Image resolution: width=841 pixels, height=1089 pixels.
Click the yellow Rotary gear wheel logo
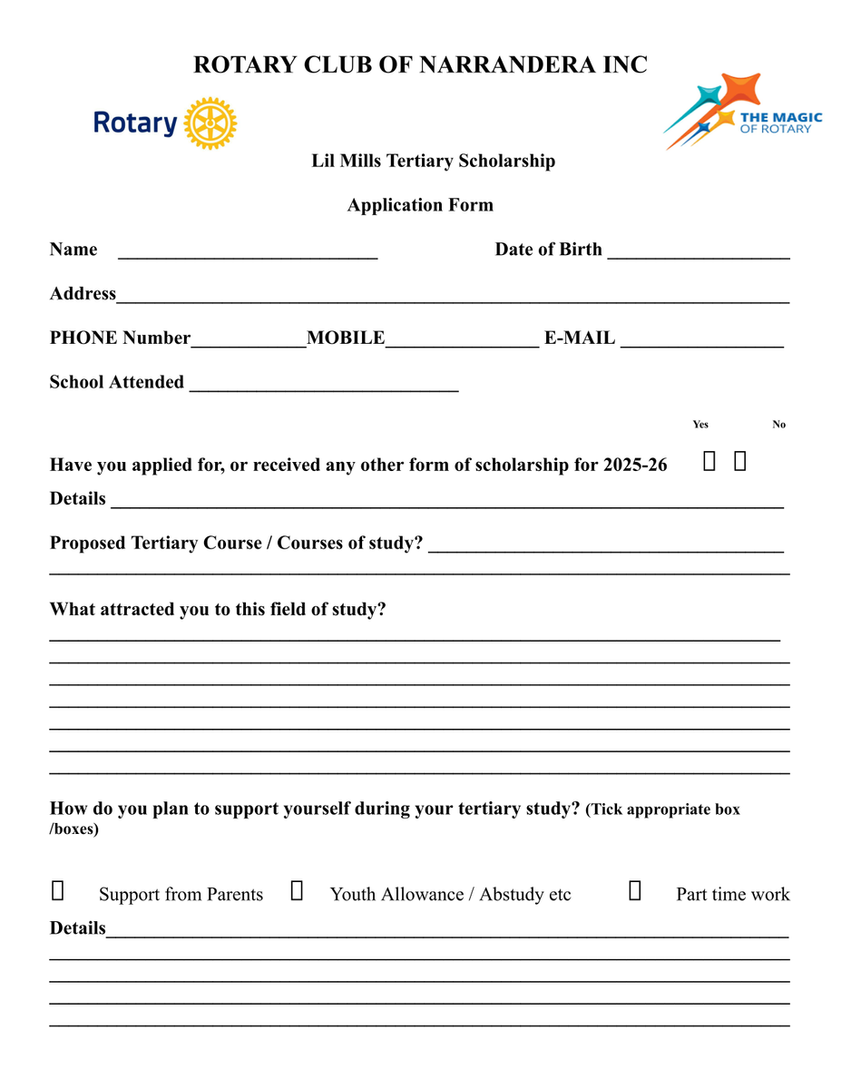(210, 123)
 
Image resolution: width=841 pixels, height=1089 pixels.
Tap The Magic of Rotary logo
(743, 112)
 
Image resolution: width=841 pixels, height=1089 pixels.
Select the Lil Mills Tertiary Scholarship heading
(433, 162)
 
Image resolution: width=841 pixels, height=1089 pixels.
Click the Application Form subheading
(420, 205)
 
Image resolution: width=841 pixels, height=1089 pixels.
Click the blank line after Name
(248, 253)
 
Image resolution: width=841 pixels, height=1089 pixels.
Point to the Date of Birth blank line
(699, 253)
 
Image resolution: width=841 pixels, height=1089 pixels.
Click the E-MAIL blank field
(702, 341)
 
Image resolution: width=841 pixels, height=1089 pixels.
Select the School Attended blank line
(323, 386)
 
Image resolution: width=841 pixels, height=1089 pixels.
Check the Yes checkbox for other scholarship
(709, 462)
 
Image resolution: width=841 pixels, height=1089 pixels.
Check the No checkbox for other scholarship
(740, 462)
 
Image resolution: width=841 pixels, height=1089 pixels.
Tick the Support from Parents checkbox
(57, 890)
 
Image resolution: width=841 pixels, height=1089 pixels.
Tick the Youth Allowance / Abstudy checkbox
(297, 890)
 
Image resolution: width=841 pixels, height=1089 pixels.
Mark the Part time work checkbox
(635, 890)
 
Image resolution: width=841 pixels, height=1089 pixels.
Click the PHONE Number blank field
(249, 341)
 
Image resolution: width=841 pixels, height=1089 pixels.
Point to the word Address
(83, 294)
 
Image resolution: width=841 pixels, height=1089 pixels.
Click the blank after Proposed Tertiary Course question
(605, 546)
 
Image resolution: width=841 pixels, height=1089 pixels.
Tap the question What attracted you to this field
(218, 610)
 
